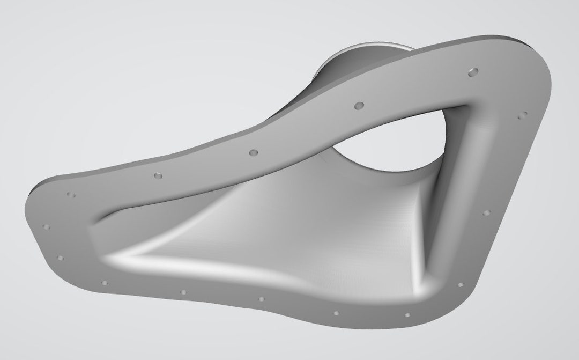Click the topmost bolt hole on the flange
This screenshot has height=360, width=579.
(472, 71)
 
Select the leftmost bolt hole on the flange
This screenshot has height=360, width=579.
(46, 226)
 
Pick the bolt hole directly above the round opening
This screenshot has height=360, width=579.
(359, 105)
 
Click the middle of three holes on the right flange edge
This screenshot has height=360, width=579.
(486, 213)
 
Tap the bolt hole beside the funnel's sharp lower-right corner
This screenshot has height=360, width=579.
(460, 284)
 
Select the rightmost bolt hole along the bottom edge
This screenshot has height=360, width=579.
(407, 315)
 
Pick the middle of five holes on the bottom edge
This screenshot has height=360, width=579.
(262, 299)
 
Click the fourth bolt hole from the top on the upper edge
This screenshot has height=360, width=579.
(158, 175)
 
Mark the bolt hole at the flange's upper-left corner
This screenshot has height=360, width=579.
(70, 194)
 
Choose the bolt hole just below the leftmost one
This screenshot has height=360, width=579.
(60, 258)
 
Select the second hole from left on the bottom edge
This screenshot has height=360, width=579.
(183, 292)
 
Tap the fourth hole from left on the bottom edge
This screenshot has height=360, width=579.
(336, 313)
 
